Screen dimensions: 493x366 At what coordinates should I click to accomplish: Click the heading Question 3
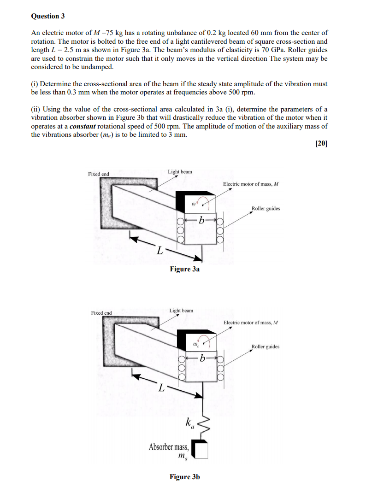pyautogui.click(x=48, y=16)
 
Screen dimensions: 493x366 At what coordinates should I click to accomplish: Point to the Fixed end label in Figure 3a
pyautogui.click(x=99, y=174)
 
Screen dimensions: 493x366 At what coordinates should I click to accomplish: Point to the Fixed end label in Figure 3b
pyautogui.click(x=101, y=313)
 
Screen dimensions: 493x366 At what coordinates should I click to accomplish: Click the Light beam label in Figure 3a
pyautogui.click(x=180, y=172)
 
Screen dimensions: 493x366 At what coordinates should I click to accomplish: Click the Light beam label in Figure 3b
pyautogui.click(x=181, y=311)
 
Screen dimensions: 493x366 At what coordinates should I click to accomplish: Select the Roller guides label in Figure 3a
pyautogui.click(x=266, y=208)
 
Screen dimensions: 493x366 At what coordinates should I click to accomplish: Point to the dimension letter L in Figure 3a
pyautogui.click(x=159, y=251)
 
